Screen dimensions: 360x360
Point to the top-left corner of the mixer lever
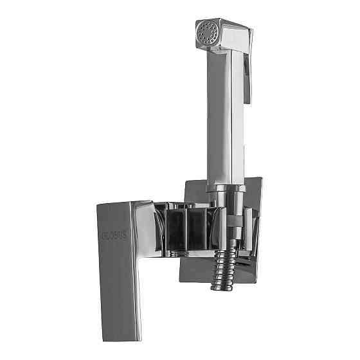(x=98, y=206)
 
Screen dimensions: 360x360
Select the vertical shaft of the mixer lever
(x=116, y=276)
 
